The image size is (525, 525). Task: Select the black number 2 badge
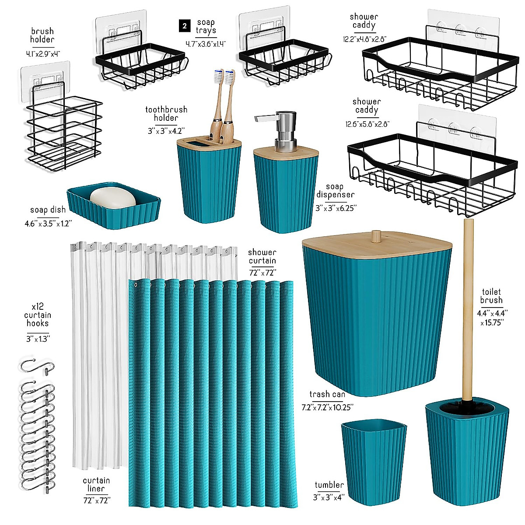(185, 26)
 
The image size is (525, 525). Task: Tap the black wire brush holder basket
(63, 131)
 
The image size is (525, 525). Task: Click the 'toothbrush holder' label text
(166, 114)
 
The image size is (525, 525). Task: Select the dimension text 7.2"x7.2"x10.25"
(327, 407)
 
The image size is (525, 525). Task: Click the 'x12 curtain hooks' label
(38, 315)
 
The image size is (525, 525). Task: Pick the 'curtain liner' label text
(96, 484)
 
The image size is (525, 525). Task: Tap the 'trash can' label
(327, 394)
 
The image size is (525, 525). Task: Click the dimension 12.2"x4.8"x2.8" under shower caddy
(364, 39)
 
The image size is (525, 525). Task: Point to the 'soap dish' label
(48, 210)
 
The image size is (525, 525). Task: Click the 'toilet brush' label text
(491, 296)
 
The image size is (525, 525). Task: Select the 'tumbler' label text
(329, 485)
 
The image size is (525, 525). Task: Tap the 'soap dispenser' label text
(335, 191)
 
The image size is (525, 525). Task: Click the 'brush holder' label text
(42, 35)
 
